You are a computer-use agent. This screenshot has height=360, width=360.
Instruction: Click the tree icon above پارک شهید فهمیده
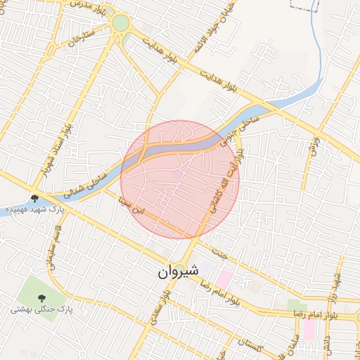(x=35, y=198)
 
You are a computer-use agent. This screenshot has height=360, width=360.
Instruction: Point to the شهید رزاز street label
(x=336, y=284)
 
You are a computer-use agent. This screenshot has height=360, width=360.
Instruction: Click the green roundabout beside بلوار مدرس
(x=121, y=24)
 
